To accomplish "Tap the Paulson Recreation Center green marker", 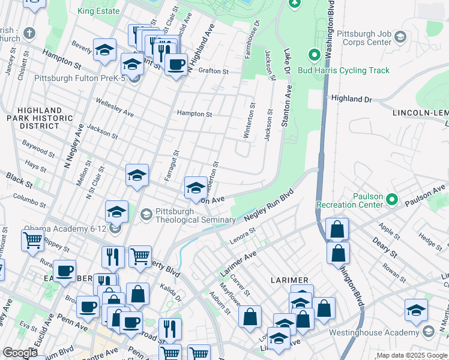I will [x=392, y=199].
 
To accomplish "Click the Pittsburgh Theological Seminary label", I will [x=195, y=215].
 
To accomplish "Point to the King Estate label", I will [x=98, y=11].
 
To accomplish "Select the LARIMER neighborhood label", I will [x=289, y=280].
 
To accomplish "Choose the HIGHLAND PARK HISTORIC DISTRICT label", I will [x=40, y=118].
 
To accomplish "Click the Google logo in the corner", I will [x=20, y=353].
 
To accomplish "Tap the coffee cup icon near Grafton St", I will [x=176, y=64].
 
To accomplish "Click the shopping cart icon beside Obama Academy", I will [x=32, y=240].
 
